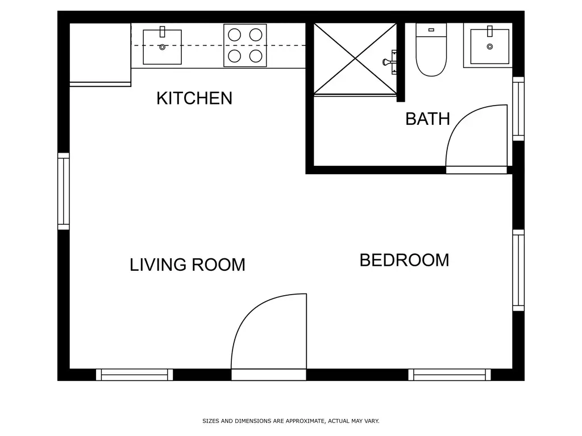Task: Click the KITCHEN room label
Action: (194, 98)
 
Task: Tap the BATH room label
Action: (427, 119)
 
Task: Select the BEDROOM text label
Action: (404, 260)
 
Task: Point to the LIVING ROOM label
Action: (188, 265)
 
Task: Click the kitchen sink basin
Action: (162, 48)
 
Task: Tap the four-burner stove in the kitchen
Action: (245, 45)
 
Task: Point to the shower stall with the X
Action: (355, 58)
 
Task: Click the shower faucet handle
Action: (391, 61)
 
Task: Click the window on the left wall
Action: (63, 191)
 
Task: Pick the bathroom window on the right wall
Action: (518, 108)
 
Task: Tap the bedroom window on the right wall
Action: (518, 270)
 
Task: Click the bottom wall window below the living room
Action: (134, 375)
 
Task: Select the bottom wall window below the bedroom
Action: (449, 375)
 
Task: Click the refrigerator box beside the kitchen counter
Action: (100, 53)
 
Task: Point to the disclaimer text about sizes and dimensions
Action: (290, 421)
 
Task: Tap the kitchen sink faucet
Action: (162, 32)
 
